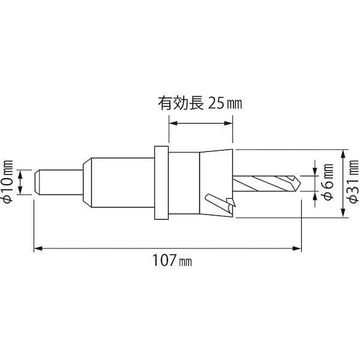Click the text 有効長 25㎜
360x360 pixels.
point(199,103)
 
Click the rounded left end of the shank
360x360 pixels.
point(37,182)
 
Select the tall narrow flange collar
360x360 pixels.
point(161,183)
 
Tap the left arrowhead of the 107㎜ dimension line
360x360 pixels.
point(38,246)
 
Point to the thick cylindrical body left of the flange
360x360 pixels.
point(123,182)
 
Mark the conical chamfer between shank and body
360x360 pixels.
point(86,182)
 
